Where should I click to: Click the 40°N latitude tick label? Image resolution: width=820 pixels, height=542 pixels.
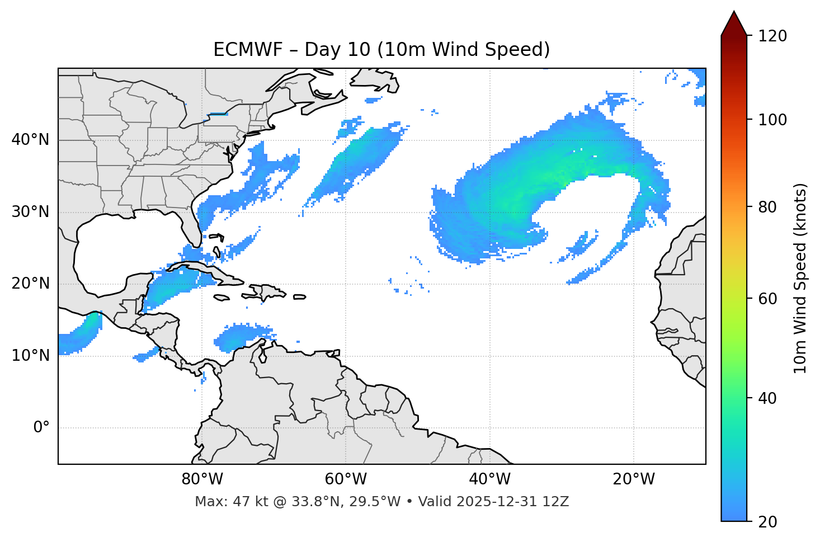pos(30,140)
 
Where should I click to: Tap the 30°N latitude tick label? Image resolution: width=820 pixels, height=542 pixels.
pos(30,212)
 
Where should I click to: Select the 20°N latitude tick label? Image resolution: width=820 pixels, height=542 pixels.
pos(30,284)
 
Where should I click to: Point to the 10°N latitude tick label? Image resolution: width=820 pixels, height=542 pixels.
pos(30,356)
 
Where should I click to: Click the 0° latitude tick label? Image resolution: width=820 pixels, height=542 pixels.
pos(41,428)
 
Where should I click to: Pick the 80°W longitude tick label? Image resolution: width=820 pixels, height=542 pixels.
pos(202,479)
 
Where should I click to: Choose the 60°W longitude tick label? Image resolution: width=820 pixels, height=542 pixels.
pos(346,479)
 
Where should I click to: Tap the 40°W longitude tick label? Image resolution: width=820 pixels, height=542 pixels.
pos(489,479)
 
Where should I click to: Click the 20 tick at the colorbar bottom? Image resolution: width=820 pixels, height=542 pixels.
pos(767,522)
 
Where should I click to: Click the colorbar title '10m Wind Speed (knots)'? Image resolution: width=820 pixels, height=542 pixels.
pos(800,279)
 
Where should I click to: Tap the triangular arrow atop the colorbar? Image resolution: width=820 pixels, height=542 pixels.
pos(734,23)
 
